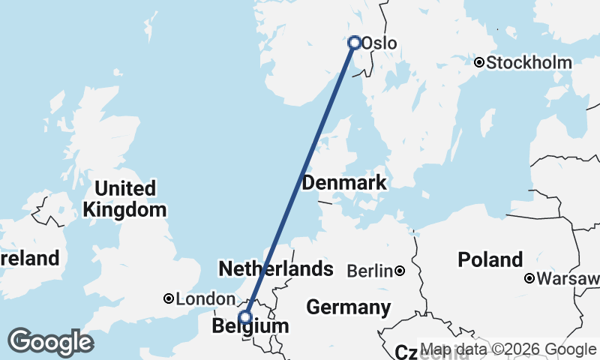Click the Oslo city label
[x=379, y=43]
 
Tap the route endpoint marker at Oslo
[x=355, y=43]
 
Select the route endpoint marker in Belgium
[x=244, y=318]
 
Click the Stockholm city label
[x=529, y=62]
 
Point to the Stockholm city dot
[x=478, y=62]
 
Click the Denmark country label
[x=344, y=182]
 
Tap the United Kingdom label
[x=124, y=199]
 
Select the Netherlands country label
[x=275, y=268]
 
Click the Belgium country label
[x=250, y=327]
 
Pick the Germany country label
[x=349, y=307]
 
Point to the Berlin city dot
[x=400, y=271]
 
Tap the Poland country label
[x=490, y=260]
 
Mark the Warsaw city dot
[x=529, y=279]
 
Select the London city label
[x=200, y=299]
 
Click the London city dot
[x=169, y=299]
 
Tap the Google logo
[x=50, y=342]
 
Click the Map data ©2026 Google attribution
[x=508, y=349]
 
